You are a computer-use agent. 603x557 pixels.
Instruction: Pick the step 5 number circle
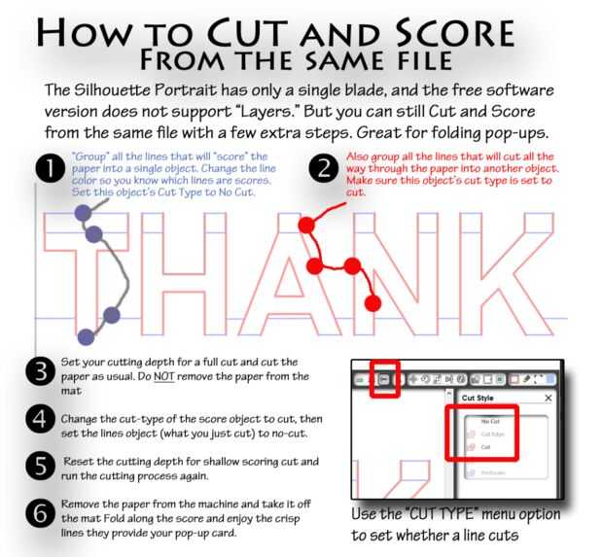click(x=42, y=465)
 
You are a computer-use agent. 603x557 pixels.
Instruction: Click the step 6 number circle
click(x=42, y=513)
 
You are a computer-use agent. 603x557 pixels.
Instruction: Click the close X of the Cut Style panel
click(x=548, y=399)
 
